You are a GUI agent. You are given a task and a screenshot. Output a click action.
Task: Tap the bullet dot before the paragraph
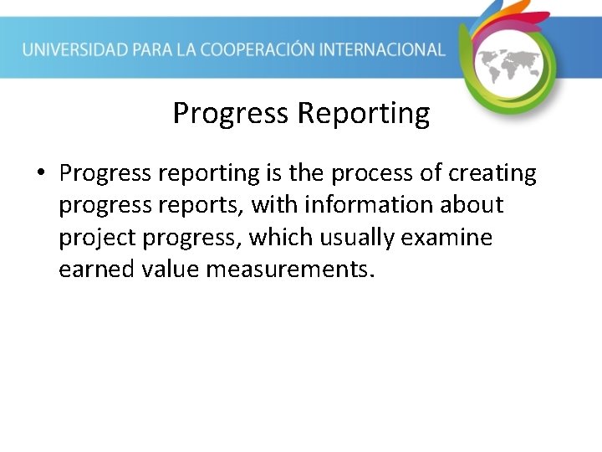click(39, 174)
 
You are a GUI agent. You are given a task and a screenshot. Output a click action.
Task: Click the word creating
click(492, 173)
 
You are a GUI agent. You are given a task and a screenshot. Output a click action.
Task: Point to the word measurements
click(286, 270)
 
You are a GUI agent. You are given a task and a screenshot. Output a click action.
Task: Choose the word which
click(280, 238)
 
